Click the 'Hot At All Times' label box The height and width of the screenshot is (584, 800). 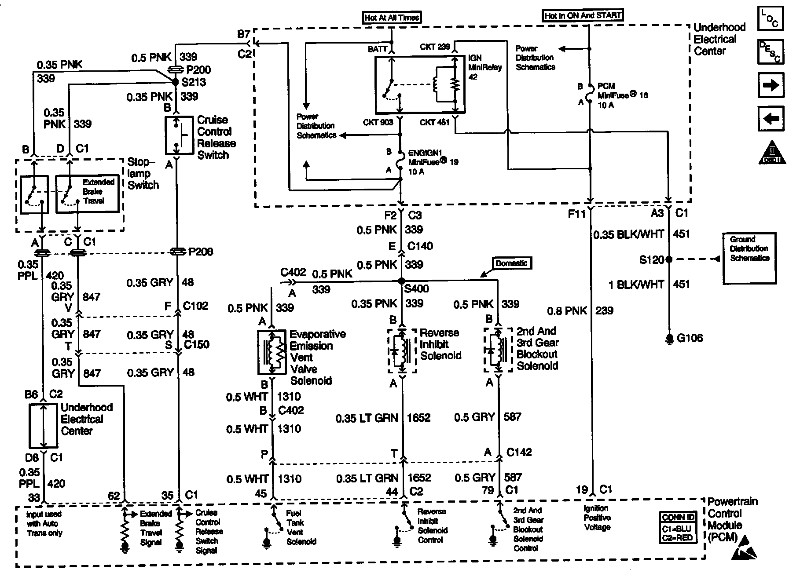[x=392, y=18]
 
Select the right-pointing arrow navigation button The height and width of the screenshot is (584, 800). [x=771, y=85]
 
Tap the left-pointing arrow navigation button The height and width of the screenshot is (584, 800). [x=771, y=118]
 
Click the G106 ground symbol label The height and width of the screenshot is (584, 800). [x=690, y=338]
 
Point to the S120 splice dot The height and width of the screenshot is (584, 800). [x=669, y=259]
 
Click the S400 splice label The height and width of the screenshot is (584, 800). [x=416, y=289]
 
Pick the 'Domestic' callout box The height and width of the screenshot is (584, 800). [x=511, y=263]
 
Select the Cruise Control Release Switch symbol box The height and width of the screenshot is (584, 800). [x=179, y=135]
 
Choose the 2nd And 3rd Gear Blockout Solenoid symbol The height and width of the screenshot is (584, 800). [x=498, y=350]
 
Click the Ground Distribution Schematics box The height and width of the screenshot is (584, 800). [x=749, y=258]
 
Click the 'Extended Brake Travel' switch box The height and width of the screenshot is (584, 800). [x=87, y=194]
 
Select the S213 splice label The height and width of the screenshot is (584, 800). [x=194, y=82]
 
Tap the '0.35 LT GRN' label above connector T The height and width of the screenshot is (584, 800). [x=367, y=418]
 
